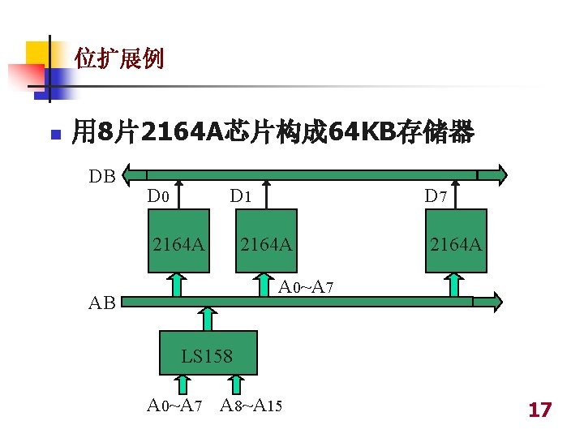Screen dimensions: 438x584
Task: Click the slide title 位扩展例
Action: [118, 58]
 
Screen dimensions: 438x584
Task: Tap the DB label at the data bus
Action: [102, 175]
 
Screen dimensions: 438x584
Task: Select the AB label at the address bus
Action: [102, 303]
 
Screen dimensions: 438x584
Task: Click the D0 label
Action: [158, 195]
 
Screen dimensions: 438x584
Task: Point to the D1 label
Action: [241, 195]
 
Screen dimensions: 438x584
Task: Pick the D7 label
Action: [436, 195]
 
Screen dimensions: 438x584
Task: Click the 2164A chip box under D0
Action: [178, 242]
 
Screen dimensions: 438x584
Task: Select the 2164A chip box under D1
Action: [266, 242]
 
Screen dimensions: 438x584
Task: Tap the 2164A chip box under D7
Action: [457, 242]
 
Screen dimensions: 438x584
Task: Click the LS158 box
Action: [208, 354]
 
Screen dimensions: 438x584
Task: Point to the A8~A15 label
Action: [251, 406]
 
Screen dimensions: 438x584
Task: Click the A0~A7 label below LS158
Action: [174, 406]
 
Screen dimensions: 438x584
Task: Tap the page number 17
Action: [539, 410]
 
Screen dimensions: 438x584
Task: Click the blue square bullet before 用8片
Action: [54, 132]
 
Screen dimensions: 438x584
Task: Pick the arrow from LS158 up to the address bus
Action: [208, 319]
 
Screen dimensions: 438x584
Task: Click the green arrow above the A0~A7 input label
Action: [184, 385]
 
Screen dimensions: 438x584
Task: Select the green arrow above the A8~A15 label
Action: [234, 385]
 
